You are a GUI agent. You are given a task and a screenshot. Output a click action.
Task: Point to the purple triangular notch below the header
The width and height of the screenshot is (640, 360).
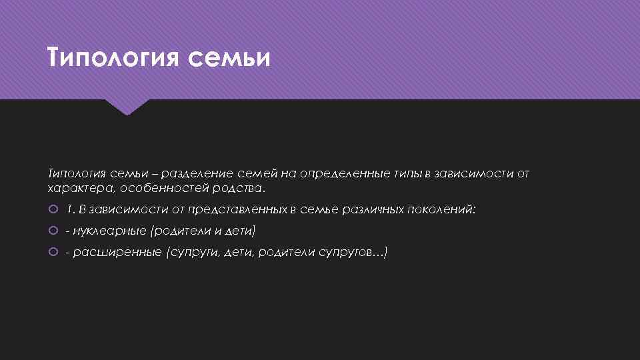128,106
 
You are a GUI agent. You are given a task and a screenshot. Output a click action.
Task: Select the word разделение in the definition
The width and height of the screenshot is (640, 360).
204,173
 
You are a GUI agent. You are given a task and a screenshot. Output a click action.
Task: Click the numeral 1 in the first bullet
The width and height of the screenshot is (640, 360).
69,209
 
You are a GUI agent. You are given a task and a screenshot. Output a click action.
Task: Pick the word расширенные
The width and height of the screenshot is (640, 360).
117,252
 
